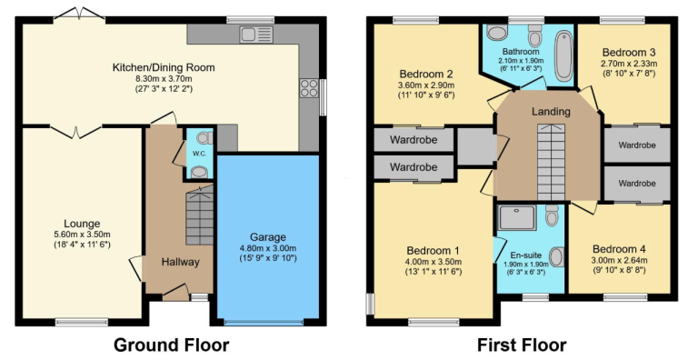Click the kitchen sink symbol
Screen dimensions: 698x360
click(x=256, y=35)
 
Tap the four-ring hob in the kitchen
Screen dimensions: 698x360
click(x=309, y=88)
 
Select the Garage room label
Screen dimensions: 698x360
click(x=267, y=237)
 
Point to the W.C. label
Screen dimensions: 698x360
click(x=198, y=154)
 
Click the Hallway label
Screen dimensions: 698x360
click(x=180, y=262)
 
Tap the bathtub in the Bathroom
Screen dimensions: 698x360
click(x=563, y=55)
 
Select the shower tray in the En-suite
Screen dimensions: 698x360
click(x=516, y=218)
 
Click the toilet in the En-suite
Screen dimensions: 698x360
click(x=552, y=215)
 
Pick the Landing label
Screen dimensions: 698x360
click(x=551, y=111)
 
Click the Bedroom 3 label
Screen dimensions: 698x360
click(x=629, y=53)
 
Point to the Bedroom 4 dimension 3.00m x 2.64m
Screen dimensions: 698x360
click(x=619, y=261)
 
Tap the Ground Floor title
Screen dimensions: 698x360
click(x=172, y=345)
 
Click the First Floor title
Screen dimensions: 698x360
click(x=522, y=345)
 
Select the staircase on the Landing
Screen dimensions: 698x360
click(x=551, y=163)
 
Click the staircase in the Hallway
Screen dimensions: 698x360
click(x=199, y=215)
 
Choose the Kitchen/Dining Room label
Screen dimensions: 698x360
click(x=164, y=67)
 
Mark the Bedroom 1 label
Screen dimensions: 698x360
click(x=434, y=250)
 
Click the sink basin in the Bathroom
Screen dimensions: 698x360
click(x=497, y=32)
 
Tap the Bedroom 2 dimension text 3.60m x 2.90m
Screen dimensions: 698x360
click(x=426, y=85)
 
